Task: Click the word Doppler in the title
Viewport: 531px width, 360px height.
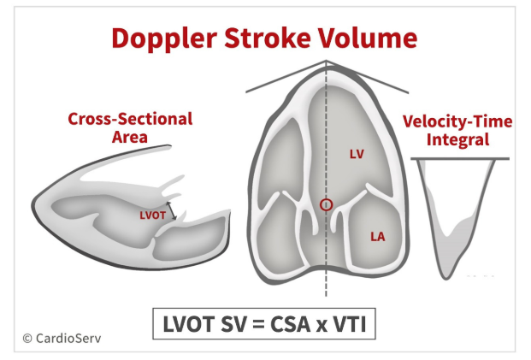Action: click(164, 39)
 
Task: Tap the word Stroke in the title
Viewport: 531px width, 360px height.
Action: click(267, 38)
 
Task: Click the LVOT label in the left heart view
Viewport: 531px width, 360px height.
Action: click(152, 215)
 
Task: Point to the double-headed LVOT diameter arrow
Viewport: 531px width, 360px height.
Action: click(171, 210)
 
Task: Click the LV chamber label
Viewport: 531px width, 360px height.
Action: click(357, 155)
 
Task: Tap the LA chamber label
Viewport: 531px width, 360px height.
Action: click(378, 237)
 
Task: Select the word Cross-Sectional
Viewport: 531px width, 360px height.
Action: click(130, 119)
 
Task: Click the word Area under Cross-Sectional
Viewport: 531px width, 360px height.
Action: click(130, 137)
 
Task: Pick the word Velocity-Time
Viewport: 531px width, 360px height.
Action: click(457, 121)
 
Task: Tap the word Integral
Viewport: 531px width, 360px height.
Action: click(457, 139)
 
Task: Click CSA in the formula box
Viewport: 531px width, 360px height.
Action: click(290, 324)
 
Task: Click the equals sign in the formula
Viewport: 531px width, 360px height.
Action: click(257, 324)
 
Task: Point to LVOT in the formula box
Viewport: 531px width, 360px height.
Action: click(189, 324)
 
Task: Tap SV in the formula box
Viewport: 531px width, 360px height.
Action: click(233, 324)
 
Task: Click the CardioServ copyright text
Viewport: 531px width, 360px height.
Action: click(62, 338)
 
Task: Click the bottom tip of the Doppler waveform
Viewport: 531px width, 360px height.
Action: click(446, 279)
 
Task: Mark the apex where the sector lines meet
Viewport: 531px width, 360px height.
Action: click(326, 61)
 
